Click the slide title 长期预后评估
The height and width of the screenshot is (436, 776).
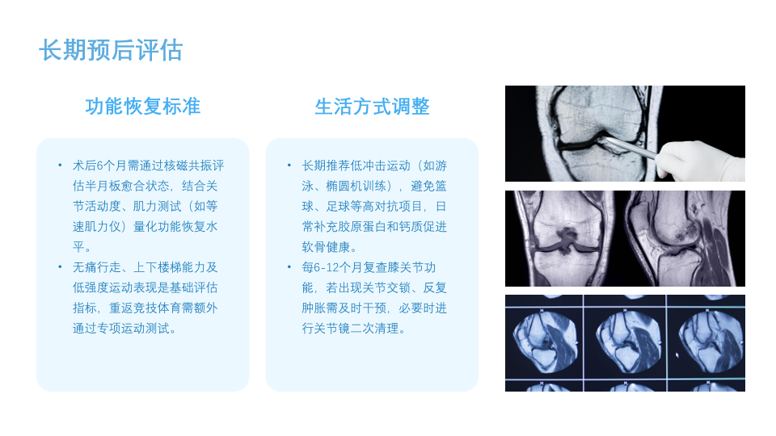coord(111,50)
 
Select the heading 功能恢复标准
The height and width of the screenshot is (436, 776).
coord(142,107)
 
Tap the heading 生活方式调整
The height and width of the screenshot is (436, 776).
coord(372,107)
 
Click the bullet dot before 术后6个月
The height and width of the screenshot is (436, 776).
coord(60,165)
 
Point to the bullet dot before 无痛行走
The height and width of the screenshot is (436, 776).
coord(60,267)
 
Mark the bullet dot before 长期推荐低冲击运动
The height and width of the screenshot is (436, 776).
coord(289,165)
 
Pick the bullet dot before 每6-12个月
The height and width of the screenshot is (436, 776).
coord(289,267)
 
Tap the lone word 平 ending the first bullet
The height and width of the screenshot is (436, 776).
coord(78,247)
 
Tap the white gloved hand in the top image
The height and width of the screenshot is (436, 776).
coord(702,160)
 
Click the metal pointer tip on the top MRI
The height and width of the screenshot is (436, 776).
coord(605,140)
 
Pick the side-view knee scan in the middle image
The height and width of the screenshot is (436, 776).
coord(683,239)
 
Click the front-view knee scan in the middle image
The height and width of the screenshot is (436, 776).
coord(564,239)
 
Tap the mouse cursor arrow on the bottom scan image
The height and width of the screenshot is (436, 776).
coord(677,354)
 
